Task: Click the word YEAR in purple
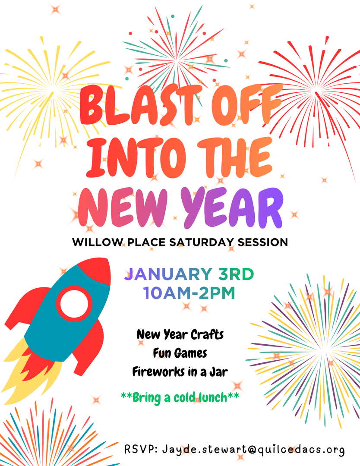pyautogui.click(x=232, y=208)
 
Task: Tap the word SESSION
pyautogui.click(x=262, y=242)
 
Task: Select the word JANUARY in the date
pyautogui.click(x=168, y=274)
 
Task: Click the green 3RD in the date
pyautogui.click(x=237, y=274)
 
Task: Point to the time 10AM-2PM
pyautogui.click(x=189, y=293)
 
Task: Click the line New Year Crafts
pyautogui.click(x=180, y=334)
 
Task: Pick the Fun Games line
pyautogui.click(x=180, y=353)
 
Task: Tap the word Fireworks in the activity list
pyautogui.click(x=156, y=372)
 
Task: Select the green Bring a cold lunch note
pyautogui.click(x=180, y=397)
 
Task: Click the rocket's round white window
pyautogui.click(x=74, y=304)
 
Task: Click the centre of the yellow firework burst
pyautogui.click(x=54, y=89)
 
